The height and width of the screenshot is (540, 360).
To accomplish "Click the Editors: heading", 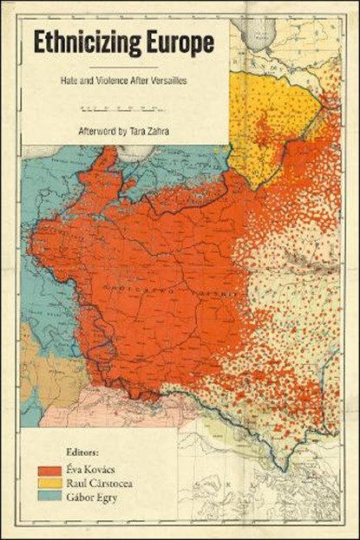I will (82, 452).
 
